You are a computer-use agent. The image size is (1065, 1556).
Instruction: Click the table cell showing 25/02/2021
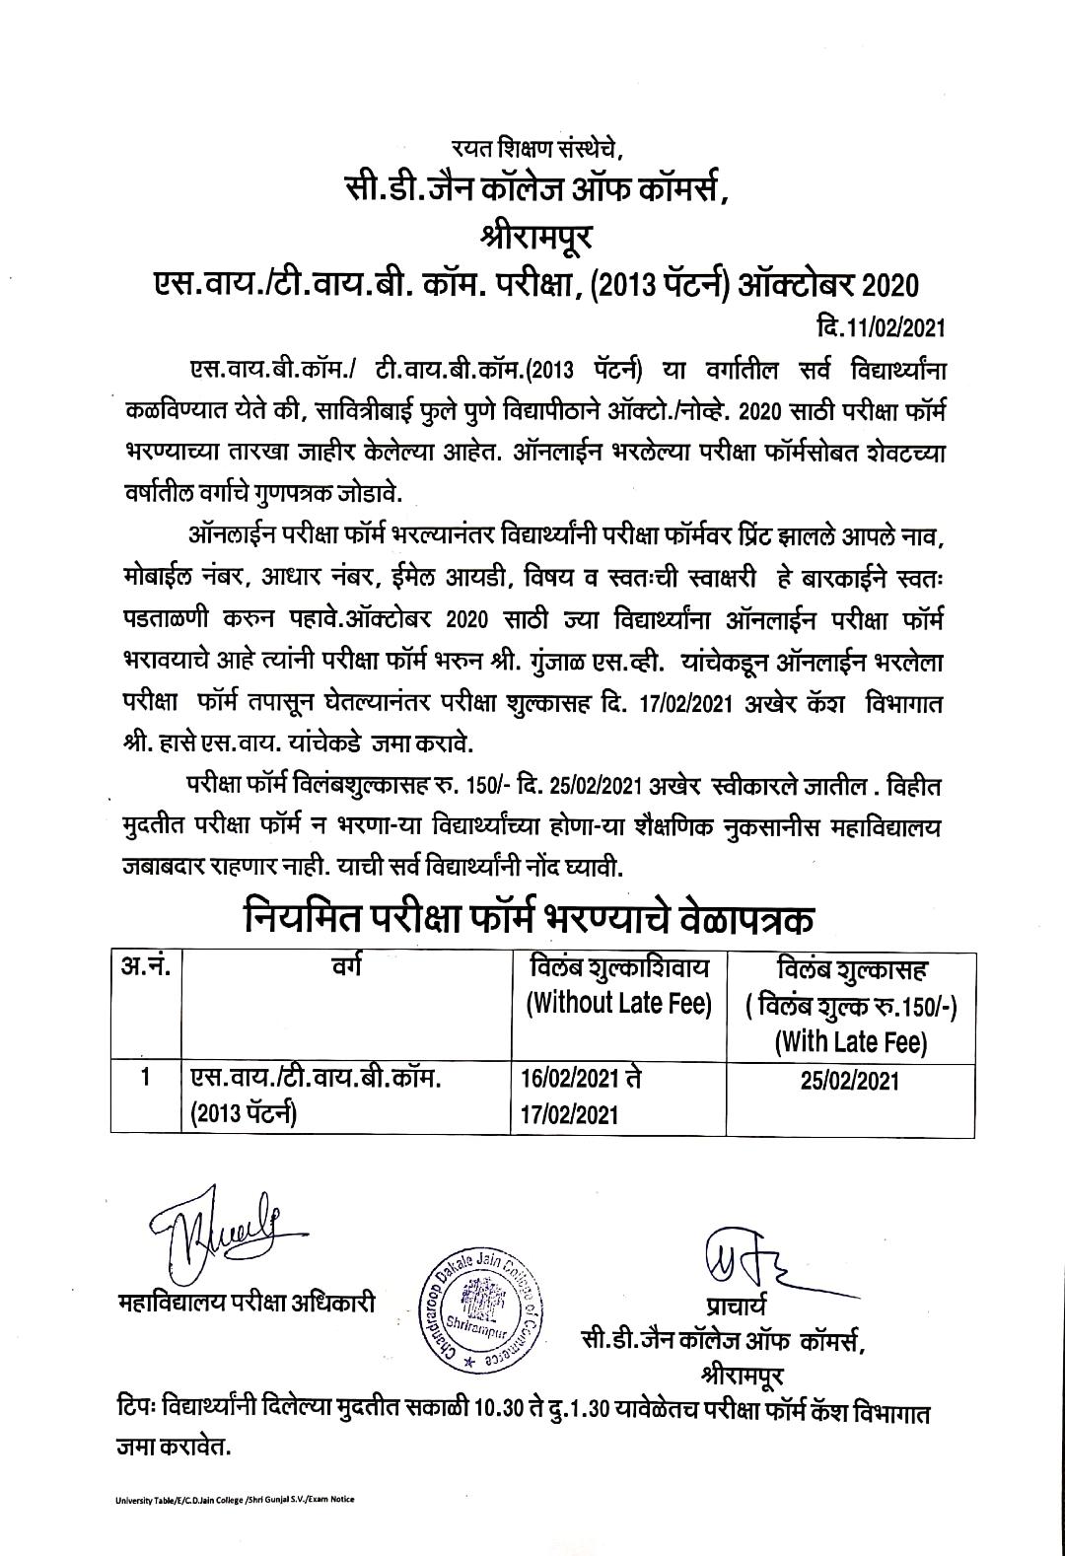[x=850, y=1082]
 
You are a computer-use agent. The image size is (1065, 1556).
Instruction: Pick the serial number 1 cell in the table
[x=145, y=1078]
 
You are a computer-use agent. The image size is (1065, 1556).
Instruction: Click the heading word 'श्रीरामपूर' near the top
[x=532, y=236]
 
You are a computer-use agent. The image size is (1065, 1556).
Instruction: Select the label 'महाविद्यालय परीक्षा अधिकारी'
[x=246, y=1301]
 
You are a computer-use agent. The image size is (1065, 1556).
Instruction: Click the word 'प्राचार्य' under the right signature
[x=730, y=1305]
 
